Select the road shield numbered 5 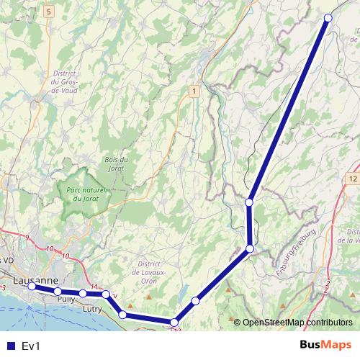click(x=48, y=12)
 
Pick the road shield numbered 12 click(x=352, y=177)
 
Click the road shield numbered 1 click(x=193, y=91)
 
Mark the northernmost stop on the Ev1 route click(x=328, y=18)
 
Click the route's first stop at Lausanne click(x=32, y=287)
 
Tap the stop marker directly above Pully click(x=58, y=291)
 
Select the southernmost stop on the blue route click(x=174, y=323)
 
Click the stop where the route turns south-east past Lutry click(x=106, y=294)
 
